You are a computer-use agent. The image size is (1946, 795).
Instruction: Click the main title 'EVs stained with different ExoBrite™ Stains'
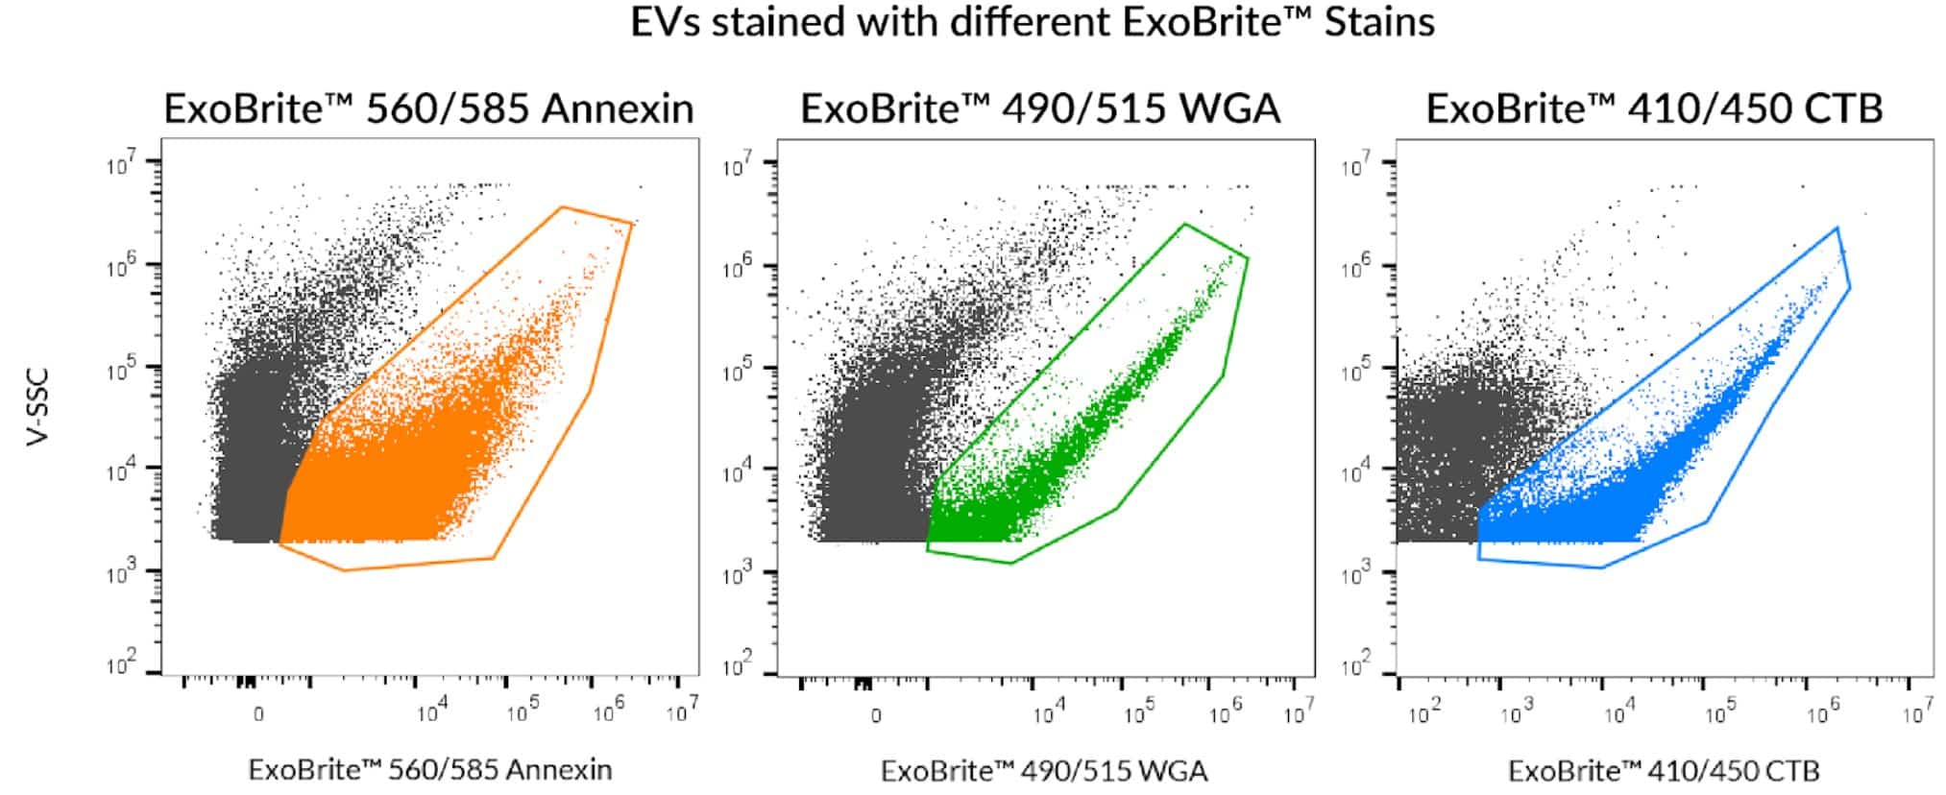1032,22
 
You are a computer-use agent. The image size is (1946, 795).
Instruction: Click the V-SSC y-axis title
36,407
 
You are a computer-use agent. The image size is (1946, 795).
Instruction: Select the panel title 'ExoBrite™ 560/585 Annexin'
428,108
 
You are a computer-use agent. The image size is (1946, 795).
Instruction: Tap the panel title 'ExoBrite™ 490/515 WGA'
1039,108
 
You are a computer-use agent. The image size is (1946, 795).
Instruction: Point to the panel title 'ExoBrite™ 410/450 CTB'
1653,108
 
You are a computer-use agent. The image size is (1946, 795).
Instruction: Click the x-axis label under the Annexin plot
429,769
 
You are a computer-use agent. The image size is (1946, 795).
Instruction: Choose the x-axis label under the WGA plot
1044,770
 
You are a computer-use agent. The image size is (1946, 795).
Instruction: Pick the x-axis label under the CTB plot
1663,770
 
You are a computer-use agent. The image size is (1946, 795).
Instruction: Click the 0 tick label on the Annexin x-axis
258,715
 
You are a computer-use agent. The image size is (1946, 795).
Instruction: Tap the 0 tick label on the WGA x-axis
875,715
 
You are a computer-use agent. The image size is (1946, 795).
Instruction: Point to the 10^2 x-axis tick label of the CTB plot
1423,712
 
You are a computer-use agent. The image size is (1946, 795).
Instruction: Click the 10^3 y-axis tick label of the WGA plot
737,573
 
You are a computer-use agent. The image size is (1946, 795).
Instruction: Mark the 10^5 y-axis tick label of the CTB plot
1356,370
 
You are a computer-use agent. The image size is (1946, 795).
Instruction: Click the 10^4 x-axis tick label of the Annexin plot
431,712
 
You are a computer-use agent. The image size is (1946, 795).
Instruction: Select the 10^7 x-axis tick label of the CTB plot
1917,712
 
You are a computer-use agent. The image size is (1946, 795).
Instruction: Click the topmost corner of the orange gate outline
562,206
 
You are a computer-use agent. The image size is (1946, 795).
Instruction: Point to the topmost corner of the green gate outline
1185,225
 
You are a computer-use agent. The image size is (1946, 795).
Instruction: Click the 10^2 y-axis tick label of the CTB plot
1356,663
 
